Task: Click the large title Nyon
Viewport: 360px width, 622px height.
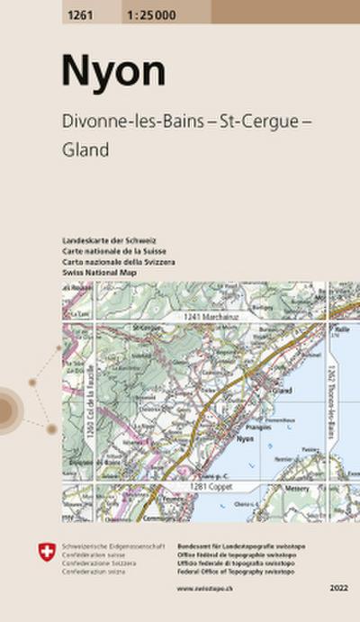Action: click(102, 70)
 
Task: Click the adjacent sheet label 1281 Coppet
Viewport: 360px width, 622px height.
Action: click(210, 486)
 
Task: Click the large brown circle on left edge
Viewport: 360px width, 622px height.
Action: click(4, 410)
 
